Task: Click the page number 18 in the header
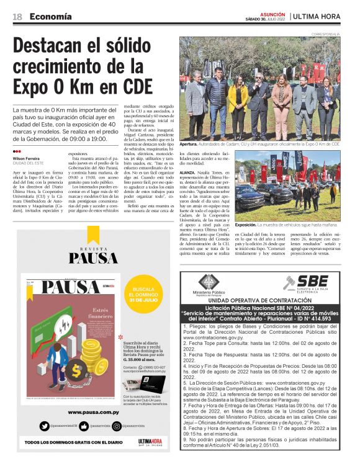pos(17,16)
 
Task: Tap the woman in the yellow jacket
pos(238,102)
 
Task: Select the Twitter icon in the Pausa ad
pos(44,426)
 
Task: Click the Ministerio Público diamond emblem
pos(208,282)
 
